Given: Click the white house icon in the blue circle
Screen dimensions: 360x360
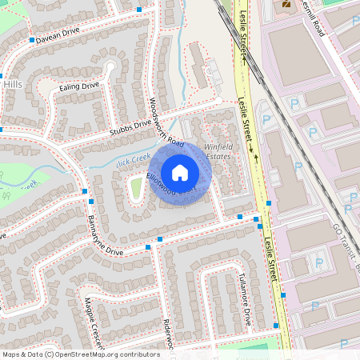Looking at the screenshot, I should click(180, 172).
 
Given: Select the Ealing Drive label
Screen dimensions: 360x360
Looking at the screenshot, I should click(79, 86).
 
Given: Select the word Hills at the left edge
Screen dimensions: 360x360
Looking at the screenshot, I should click(13, 85).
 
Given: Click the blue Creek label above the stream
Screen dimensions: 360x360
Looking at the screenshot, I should click(134, 160).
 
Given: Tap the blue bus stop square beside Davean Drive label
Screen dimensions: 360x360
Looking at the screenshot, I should click(32, 39).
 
